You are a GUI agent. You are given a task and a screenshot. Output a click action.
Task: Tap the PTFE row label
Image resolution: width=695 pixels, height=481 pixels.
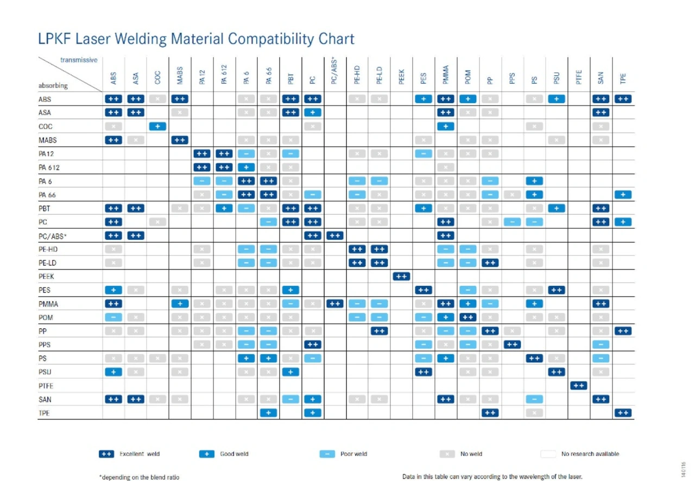pos(46,386)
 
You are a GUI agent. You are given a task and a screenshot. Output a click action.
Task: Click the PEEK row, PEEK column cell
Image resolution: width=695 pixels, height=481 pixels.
pos(401,277)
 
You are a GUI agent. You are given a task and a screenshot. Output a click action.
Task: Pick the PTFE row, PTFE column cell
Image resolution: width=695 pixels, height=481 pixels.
pos(579,386)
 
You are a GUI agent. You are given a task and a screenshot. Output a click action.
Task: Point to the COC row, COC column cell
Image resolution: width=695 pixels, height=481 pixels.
pos(157,127)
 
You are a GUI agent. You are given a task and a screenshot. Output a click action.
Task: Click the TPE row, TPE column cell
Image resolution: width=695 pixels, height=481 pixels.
pos(623,413)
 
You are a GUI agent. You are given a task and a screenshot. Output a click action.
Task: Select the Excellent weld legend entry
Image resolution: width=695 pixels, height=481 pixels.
pos(130,454)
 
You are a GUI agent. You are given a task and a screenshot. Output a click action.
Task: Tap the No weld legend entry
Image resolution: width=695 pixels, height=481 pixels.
pos(461,454)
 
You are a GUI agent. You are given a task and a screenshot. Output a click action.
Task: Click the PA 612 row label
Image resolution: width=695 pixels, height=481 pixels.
pos(49,167)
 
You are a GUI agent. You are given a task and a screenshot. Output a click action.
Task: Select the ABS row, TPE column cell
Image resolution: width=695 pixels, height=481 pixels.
pos(623,99)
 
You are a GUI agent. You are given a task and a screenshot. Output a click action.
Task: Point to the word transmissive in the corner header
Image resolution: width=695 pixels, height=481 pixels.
pos(79,60)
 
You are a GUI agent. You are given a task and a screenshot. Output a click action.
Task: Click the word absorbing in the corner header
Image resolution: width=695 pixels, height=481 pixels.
pos(53,85)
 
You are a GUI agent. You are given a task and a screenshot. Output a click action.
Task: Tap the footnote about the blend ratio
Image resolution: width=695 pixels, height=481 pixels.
pos(139,477)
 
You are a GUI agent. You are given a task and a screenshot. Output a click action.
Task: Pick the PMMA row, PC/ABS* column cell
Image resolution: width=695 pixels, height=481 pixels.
pos(334,304)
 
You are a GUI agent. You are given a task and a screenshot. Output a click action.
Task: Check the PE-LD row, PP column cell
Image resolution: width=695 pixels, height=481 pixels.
pos(490,263)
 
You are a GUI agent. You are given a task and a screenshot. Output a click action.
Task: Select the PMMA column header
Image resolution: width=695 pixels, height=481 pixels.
pos(446,74)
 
